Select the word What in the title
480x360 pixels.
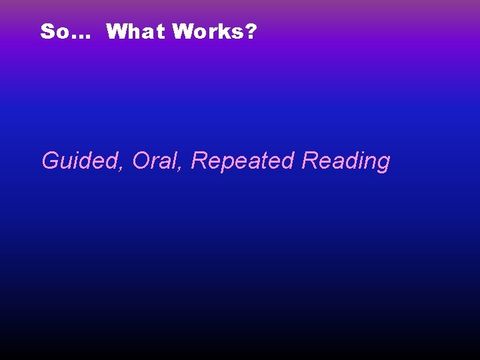coord(135,31)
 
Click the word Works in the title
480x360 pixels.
coord(210,31)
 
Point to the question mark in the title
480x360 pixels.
coord(251,31)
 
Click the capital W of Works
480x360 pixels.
coord(182,31)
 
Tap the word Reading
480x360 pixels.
coord(345,161)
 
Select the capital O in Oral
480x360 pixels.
coord(141,161)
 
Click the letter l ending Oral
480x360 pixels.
coord(176,160)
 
